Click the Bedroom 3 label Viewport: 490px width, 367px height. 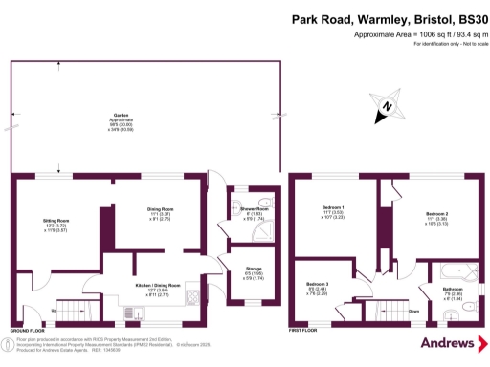(318, 284)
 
